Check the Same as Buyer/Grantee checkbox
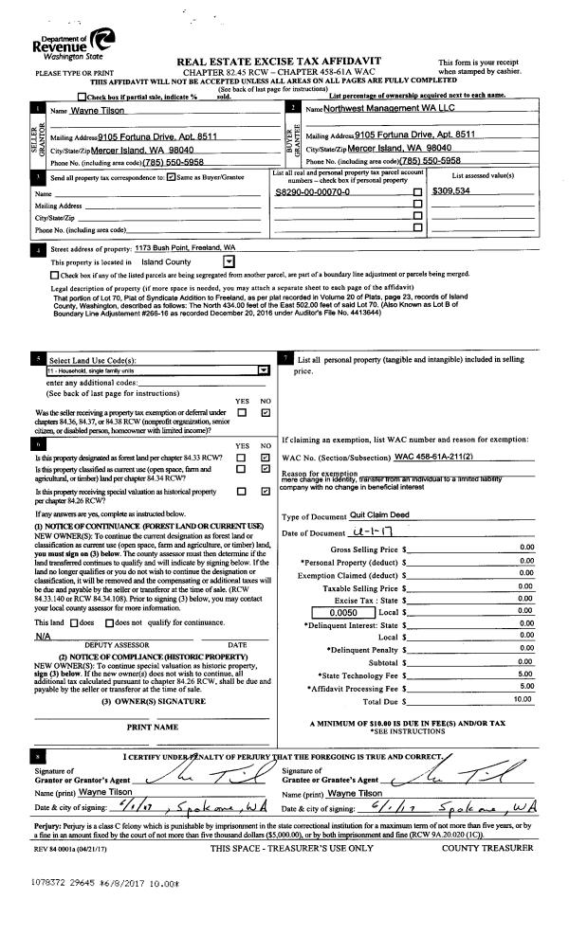click(x=170, y=176)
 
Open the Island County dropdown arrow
click(x=228, y=261)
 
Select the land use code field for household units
click(x=152, y=370)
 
